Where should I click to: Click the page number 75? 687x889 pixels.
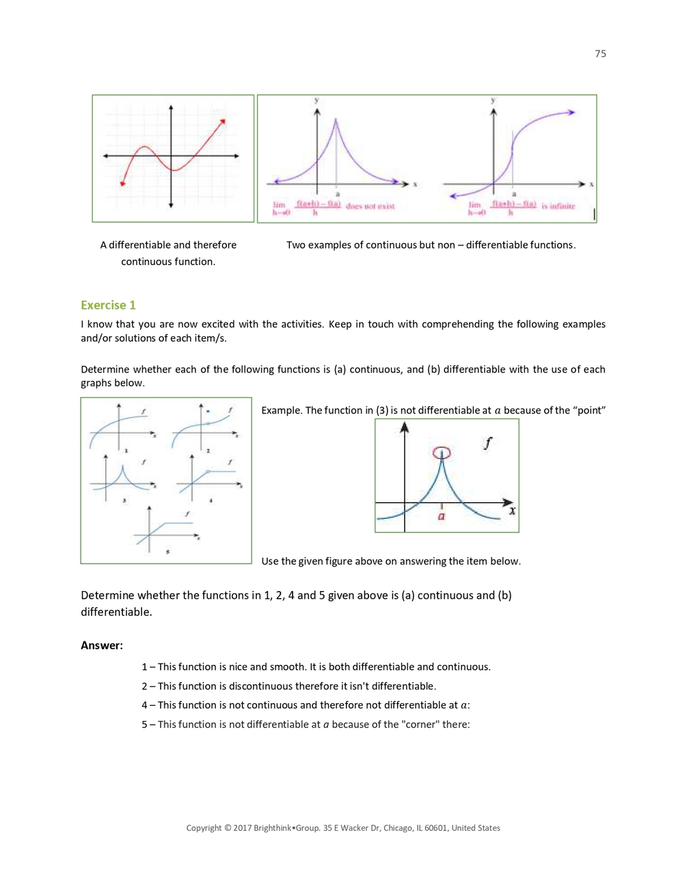600,54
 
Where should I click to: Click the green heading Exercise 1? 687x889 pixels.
108,305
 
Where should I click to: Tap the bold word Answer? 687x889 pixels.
102,645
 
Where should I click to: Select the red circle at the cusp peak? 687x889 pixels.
442,452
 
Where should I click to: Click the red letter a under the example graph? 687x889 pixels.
442,517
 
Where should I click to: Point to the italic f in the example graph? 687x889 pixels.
487,443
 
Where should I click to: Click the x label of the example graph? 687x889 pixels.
512,510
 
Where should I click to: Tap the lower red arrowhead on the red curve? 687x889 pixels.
122,183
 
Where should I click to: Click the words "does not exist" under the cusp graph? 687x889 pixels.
370,206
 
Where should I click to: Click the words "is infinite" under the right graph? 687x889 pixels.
558,206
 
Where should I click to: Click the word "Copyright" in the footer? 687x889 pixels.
204,828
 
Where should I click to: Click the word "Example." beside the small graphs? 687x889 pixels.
282,410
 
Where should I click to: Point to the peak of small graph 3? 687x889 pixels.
122,467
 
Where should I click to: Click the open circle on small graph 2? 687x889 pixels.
208,424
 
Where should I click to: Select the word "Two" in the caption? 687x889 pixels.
295,245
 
